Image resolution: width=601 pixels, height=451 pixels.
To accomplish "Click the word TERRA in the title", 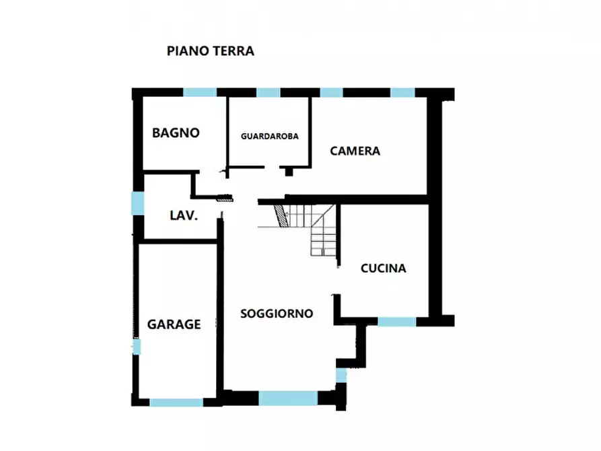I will (x=234, y=51).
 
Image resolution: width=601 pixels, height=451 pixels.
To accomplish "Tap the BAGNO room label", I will (x=176, y=133).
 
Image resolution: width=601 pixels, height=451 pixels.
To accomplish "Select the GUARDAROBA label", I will (x=269, y=136).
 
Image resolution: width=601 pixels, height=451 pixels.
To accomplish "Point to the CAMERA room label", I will (x=355, y=151).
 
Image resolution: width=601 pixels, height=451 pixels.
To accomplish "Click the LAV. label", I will (x=183, y=216).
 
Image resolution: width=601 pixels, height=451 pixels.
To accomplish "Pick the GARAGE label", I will (x=174, y=324).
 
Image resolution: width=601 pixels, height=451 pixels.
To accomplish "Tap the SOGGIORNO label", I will (x=277, y=314).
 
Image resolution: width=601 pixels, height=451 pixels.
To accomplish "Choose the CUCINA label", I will (x=383, y=269).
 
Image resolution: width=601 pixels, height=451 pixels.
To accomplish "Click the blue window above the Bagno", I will (x=200, y=93).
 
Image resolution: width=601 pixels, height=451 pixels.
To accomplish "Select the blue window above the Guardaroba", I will (x=268, y=93).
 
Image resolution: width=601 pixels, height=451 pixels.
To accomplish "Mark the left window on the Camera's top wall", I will (x=330, y=93).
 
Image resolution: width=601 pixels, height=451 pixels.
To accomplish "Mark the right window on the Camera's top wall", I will (x=402, y=93).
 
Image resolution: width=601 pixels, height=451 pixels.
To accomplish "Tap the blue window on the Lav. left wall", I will (x=137, y=203).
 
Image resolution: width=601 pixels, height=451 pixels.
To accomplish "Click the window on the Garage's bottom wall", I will (x=176, y=403).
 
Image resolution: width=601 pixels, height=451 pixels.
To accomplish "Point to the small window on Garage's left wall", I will (x=137, y=347).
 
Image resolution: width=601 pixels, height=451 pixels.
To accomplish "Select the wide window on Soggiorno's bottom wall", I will (x=288, y=398).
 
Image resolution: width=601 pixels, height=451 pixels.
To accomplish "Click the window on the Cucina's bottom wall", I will (x=396, y=322).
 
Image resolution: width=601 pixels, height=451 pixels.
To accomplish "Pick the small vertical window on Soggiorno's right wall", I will (x=341, y=375).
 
